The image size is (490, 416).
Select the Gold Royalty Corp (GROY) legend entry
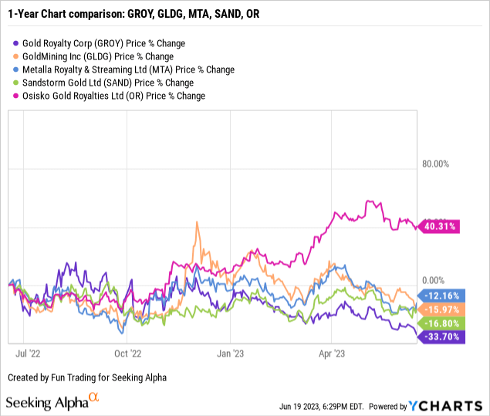100,43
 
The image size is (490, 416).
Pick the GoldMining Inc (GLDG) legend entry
97,56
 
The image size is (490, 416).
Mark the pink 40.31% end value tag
438,226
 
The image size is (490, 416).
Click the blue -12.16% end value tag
440,296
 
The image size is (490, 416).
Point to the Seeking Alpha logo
52,402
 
